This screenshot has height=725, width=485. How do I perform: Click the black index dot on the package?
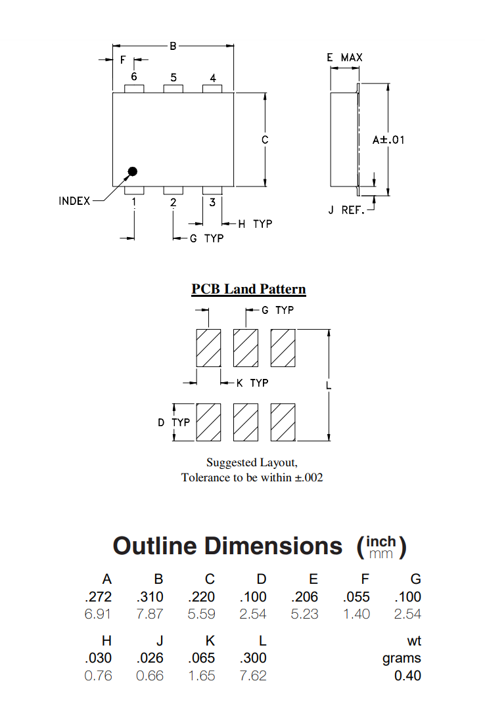coord(132,172)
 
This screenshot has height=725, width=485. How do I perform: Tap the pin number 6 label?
coord(134,77)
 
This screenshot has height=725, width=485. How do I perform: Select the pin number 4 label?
coord(213,78)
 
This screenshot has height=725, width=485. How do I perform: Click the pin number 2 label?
coord(173,202)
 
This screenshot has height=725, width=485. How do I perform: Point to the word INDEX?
coord(74,201)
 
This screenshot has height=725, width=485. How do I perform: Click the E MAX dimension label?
coord(344,58)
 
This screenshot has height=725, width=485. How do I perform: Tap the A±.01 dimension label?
coord(388,140)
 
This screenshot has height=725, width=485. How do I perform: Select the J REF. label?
coord(346,211)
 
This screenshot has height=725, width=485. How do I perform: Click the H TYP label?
coord(255,224)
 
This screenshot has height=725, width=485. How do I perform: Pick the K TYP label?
coord(252,382)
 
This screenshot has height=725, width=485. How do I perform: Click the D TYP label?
coord(173,422)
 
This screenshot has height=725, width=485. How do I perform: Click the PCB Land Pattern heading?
coord(248,289)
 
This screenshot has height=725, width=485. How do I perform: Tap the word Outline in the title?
coord(154,546)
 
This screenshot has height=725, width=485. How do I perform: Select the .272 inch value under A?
coord(99,597)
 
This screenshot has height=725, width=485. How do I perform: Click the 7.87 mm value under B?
coord(150,614)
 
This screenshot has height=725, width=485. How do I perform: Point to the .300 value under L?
coord(253,658)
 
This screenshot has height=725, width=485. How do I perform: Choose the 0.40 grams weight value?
coord(407,676)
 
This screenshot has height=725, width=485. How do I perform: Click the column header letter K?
coord(210,641)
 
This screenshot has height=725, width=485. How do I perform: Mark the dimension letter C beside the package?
coord(265,140)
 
